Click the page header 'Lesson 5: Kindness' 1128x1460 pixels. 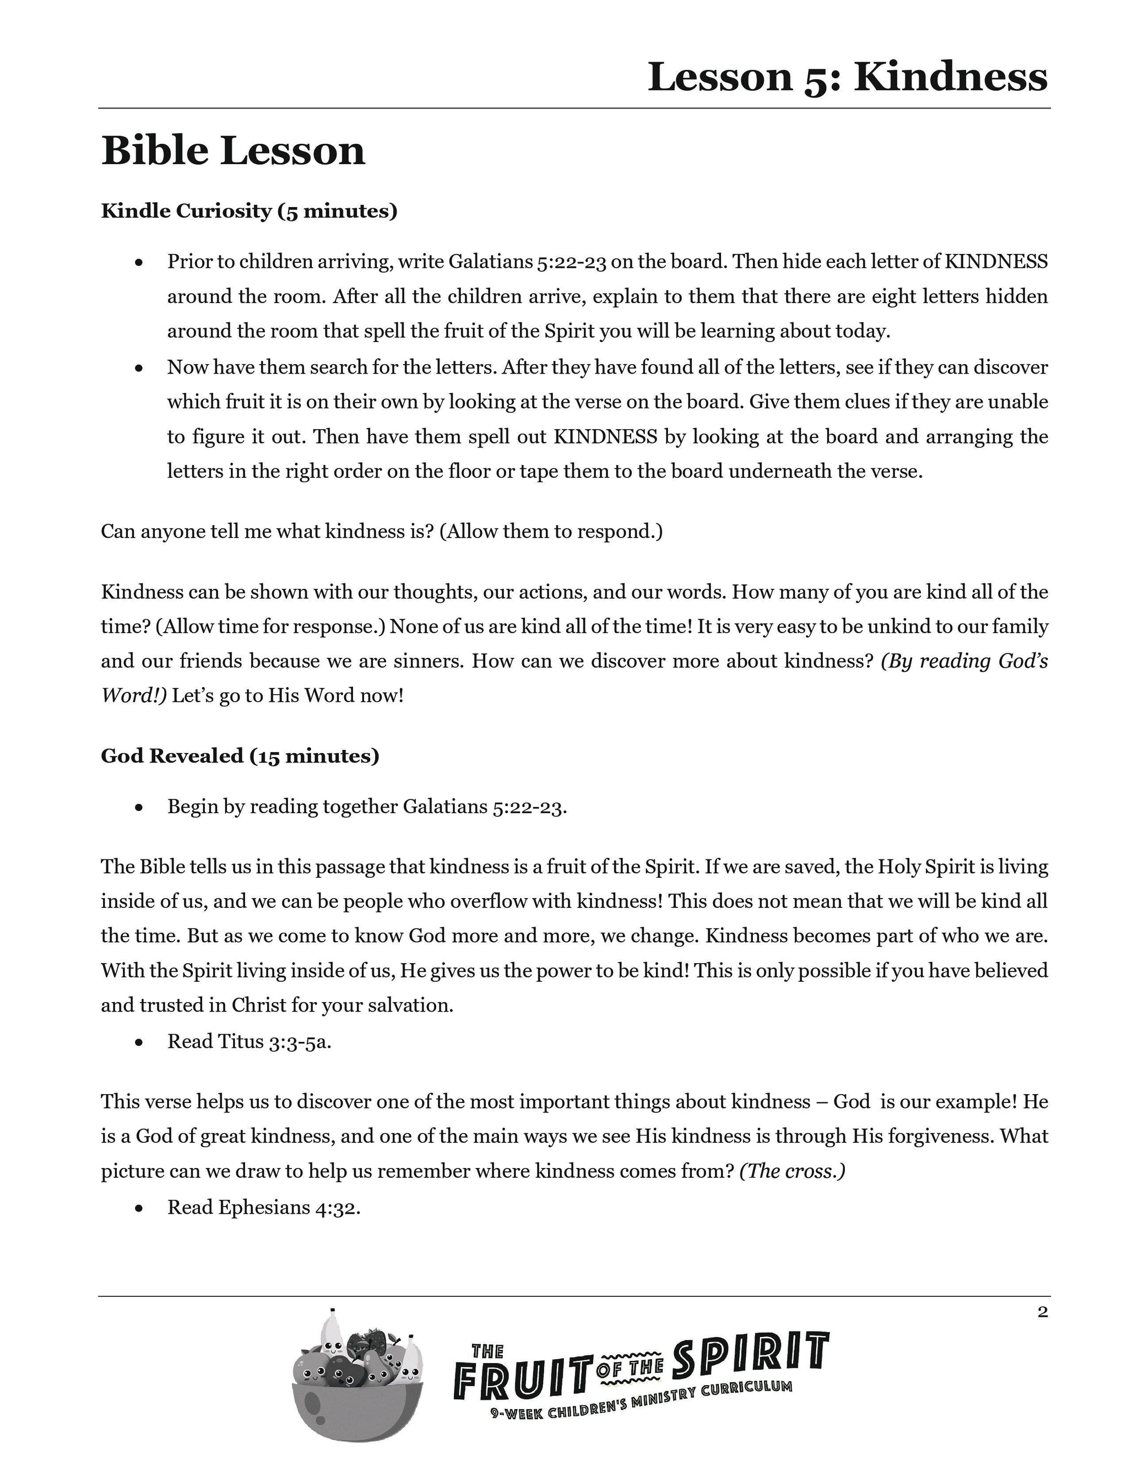pyautogui.click(x=847, y=77)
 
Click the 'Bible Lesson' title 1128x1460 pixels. pyautogui.click(x=233, y=150)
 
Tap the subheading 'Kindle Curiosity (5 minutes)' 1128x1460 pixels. pyautogui.click(x=250, y=211)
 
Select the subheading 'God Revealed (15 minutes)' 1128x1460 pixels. pyautogui.click(x=240, y=756)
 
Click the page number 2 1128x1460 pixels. pyautogui.click(x=1043, y=1312)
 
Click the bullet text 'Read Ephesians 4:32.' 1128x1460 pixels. pyautogui.click(x=264, y=1207)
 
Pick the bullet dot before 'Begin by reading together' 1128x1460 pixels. pyautogui.click(x=139, y=808)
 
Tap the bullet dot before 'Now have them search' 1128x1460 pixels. pyautogui.click(x=139, y=369)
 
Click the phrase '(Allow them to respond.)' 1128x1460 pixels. pyautogui.click(x=551, y=532)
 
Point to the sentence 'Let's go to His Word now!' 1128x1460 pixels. pyautogui.click(x=288, y=696)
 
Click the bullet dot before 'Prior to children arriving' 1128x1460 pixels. pyautogui.click(x=139, y=263)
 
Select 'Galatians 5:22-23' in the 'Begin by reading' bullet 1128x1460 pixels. pyautogui.click(x=485, y=807)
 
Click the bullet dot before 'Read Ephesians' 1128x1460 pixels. pyautogui.click(x=139, y=1209)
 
